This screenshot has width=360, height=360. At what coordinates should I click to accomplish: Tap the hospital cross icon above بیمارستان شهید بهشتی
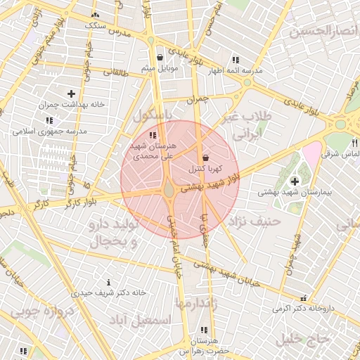[294, 181]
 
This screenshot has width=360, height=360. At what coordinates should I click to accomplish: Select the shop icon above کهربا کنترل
[205, 159]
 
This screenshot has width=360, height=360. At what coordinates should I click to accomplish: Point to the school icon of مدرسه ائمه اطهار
[235, 60]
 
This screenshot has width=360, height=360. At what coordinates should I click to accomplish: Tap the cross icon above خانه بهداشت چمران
[70, 94]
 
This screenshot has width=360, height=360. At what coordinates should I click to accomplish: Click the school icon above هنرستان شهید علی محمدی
[153, 134]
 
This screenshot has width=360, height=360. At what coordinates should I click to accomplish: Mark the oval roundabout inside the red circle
[169, 190]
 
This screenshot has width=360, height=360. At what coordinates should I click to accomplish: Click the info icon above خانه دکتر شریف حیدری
[108, 281]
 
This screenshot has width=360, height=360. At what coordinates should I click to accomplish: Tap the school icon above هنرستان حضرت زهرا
[204, 330]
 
